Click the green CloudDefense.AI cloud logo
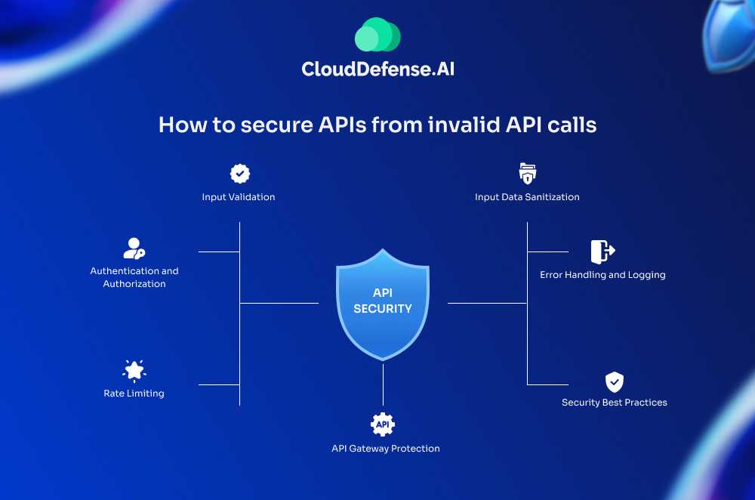(377, 35)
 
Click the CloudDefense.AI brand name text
(377, 69)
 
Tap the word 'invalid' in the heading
(469, 125)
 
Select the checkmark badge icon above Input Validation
(239, 174)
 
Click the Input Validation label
(239, 197)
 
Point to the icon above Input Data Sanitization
(527, 174)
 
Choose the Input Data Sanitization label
(527, 197)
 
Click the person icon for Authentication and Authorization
(134, 248)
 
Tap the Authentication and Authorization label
(134, 277)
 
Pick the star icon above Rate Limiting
(134, 370)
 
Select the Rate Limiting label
(134, 394)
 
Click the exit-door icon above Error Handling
(602, 251)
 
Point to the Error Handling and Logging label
(602, 275)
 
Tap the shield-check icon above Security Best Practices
(615, 381)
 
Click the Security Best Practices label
(615, 403)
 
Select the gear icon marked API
(383, 424)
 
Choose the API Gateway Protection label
(385, 449)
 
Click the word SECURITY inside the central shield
(383, 309)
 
